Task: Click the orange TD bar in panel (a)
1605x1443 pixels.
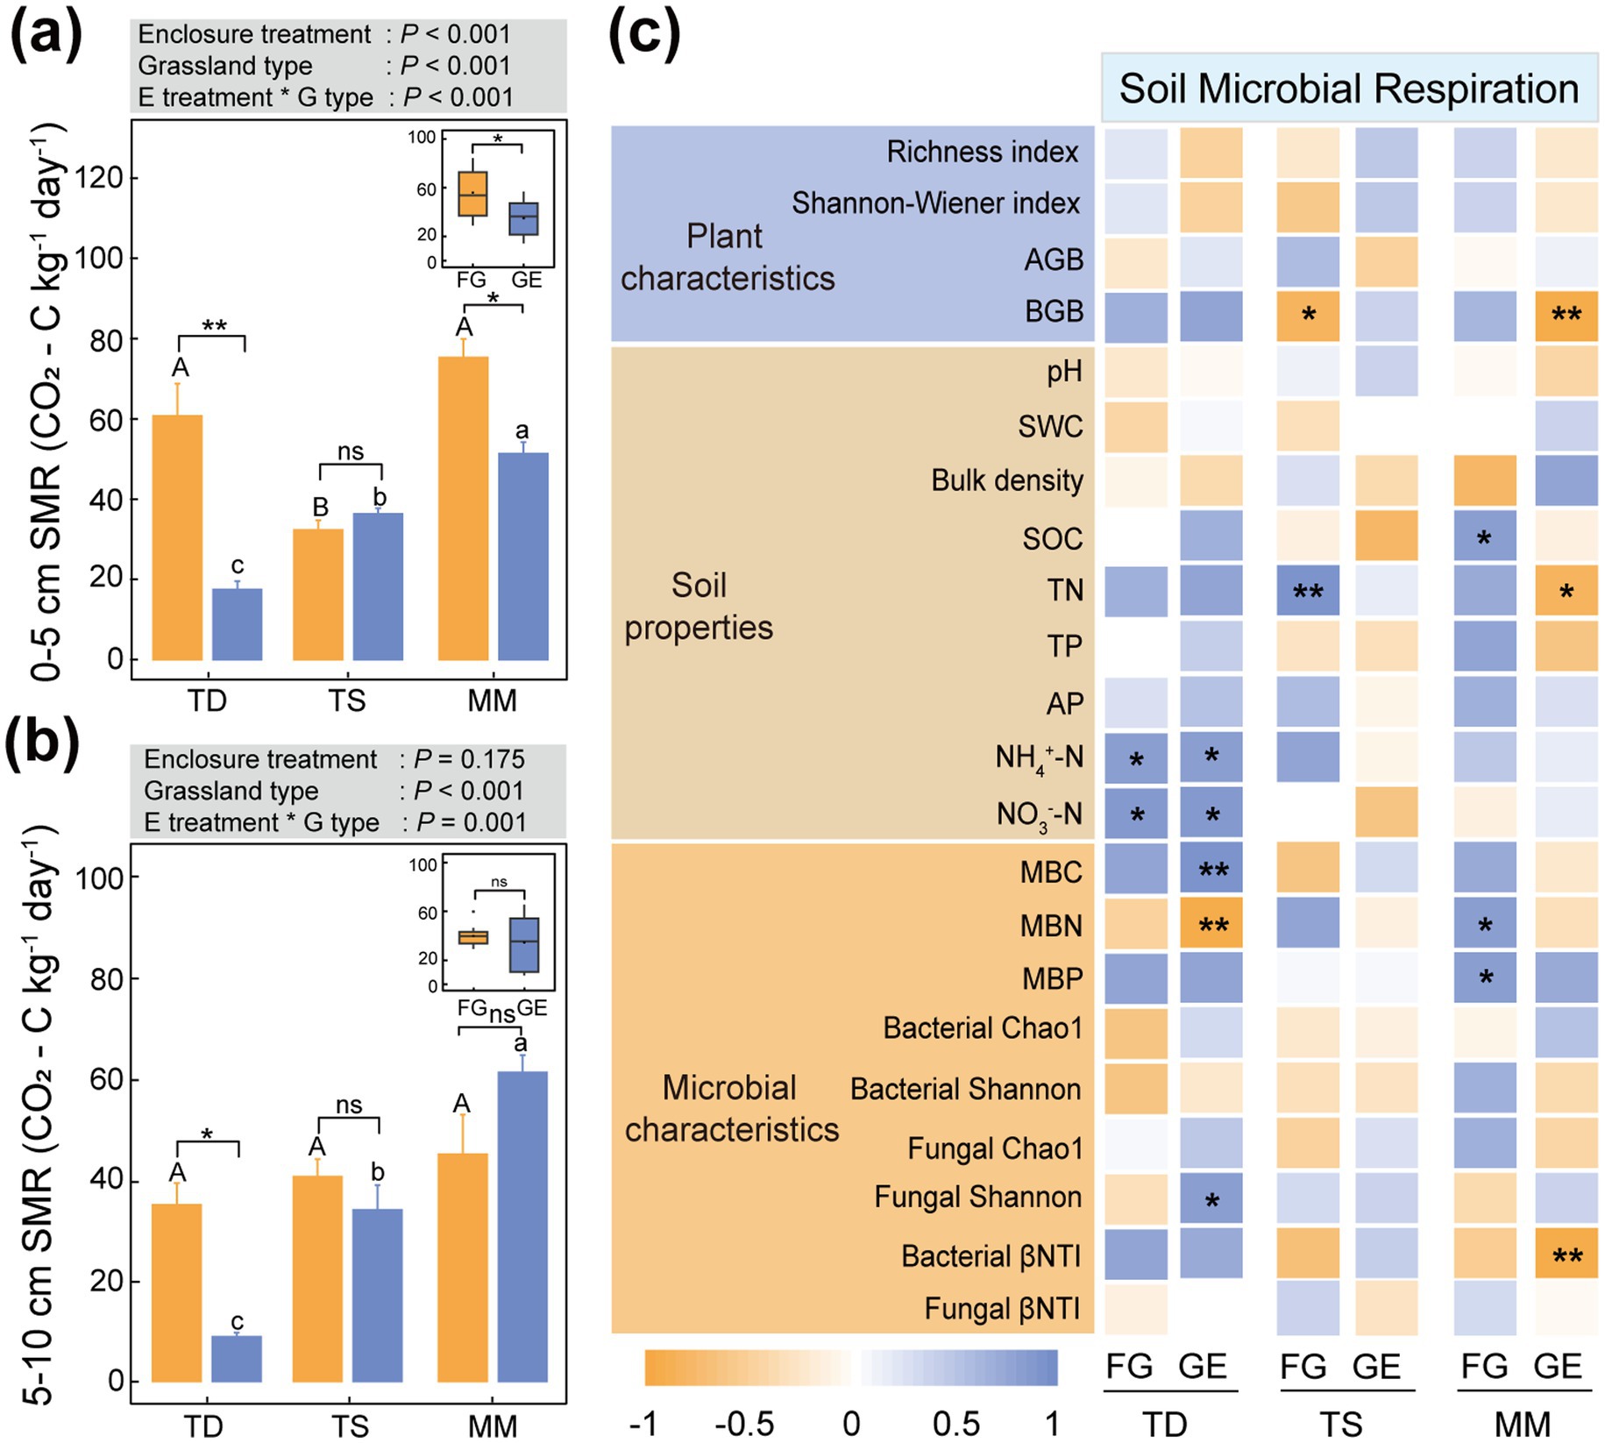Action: [177, 537]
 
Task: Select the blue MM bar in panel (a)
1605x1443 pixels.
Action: [522, 556]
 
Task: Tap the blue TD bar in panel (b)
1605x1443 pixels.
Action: [236, 1358]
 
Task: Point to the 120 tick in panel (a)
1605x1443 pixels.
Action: [98, 178]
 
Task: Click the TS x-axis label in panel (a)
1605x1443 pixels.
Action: [347, 700]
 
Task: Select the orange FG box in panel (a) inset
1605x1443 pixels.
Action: [472, 194]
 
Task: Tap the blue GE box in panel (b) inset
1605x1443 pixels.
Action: [524, 944]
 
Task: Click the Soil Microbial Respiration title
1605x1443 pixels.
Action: [1348, 89]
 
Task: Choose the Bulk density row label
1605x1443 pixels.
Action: [1006, 480]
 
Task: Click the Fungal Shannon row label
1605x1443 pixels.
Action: [977, 1197]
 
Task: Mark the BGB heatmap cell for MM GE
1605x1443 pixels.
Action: [1566, 316]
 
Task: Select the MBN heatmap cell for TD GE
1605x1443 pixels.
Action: [1211, 924]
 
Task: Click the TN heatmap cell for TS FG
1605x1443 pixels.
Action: [1307, 591]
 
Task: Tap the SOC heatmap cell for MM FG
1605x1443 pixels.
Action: [1484, 537]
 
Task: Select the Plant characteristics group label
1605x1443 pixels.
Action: [728, 257]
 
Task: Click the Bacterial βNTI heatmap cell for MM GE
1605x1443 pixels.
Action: [1566, 1254]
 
